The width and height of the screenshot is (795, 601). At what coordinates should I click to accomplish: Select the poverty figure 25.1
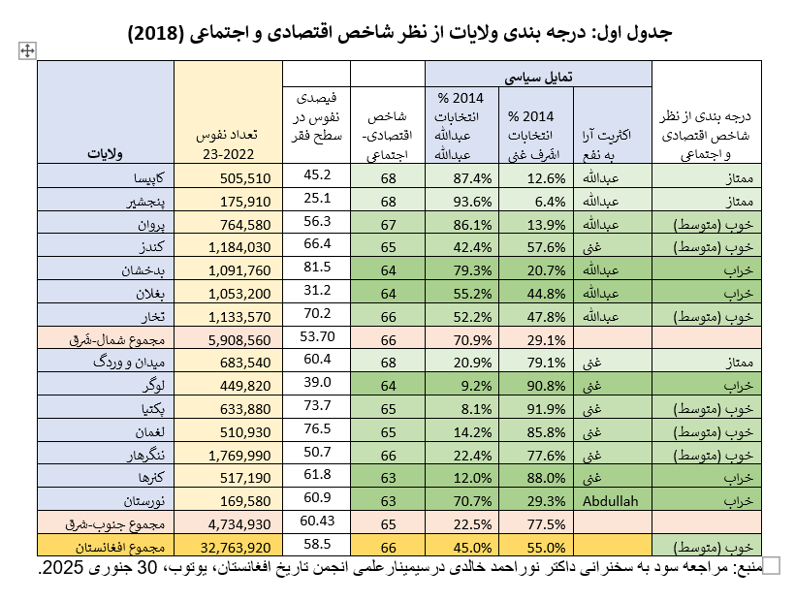click(318, 200)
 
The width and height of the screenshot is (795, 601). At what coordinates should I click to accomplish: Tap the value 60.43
click(318, 522)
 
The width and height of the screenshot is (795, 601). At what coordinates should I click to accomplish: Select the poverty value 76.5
click(318, 429)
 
